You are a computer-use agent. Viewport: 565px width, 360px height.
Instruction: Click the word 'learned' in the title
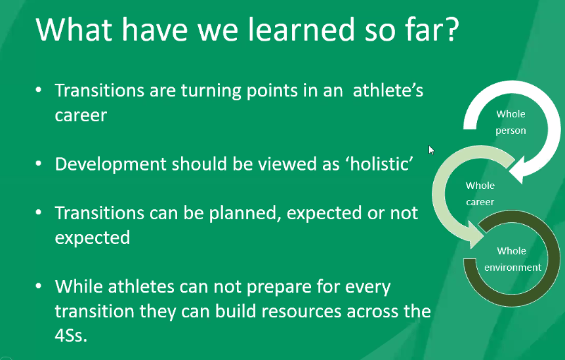coord(302,29)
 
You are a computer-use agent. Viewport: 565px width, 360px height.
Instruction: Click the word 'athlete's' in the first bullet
coord(388,90)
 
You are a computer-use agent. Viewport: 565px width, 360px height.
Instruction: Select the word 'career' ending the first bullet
coord(81,115)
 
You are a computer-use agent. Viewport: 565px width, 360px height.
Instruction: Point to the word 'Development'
coord(111,164)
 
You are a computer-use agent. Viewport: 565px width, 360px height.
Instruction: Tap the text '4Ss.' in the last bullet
coord(71,335)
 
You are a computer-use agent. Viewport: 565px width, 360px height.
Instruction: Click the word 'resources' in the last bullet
coord(301,311)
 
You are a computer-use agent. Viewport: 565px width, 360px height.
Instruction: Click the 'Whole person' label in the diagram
coord(511,123)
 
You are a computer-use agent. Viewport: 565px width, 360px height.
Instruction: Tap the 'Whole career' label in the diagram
coord(480,193)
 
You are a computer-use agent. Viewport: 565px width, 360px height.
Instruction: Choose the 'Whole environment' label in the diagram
coord(513,259)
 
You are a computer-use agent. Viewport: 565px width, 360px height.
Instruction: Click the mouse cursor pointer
coord(431,150)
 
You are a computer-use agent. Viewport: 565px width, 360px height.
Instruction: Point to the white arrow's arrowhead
coord(516,170)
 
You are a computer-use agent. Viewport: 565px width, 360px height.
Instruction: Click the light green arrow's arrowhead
coord(476,235)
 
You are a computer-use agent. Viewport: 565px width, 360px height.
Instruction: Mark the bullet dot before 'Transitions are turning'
coord(39,90)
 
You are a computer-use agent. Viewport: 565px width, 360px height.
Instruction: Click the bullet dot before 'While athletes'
coord(39,286)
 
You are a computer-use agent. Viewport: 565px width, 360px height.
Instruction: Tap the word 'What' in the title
coord(74,29)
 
